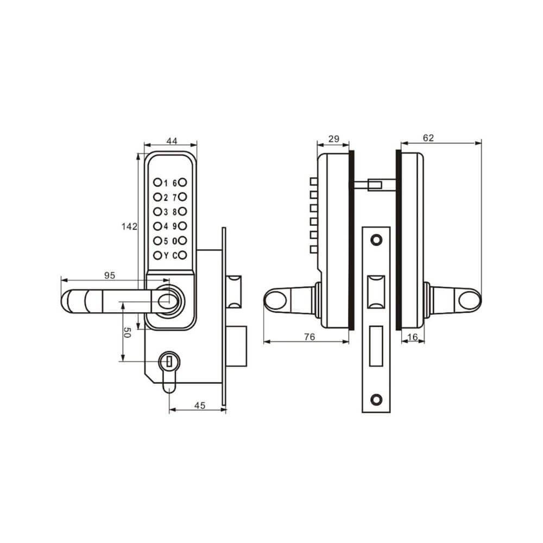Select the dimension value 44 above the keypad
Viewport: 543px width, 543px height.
click(172, 141)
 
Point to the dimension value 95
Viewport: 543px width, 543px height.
click(109, 276)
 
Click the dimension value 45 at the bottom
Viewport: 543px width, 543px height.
click(199, 405)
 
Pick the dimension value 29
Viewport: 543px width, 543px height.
click(333, 139)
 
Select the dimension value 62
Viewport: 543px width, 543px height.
click(428, 138)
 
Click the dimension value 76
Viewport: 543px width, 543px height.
click(309, 337)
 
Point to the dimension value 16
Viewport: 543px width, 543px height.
click(412, 337)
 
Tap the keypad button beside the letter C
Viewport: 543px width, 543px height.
click(184, 255)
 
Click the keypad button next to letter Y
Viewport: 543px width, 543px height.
click(157, 255)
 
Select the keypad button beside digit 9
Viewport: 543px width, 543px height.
click(184, 226)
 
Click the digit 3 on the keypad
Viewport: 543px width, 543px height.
click(166, 212)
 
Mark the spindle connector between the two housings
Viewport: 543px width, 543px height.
click(375, 186)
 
